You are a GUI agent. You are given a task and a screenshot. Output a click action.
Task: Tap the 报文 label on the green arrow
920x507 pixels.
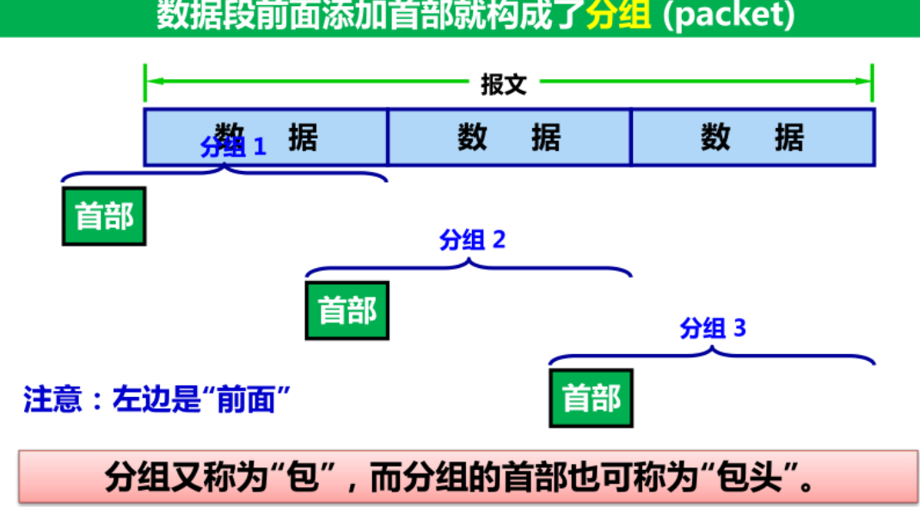click(x=503, y=84)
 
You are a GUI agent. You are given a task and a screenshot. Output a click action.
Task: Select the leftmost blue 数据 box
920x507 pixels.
click(x=266, y=137)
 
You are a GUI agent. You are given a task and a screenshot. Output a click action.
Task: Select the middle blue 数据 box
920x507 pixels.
click(x=509, y=137)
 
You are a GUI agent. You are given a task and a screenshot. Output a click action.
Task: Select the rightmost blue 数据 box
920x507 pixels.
click(x=752, y=137)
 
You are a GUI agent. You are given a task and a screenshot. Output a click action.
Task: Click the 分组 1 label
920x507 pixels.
click(x=233, y=147)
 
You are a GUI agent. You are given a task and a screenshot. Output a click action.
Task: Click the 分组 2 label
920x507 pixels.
click(x=472, y=240)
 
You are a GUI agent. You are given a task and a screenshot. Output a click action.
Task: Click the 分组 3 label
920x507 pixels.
click(x=713, y=328)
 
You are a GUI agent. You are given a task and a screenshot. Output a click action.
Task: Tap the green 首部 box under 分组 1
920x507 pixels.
click(x=104, y=216)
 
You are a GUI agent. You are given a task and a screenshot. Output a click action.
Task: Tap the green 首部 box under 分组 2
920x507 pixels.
click(x=347, y=310)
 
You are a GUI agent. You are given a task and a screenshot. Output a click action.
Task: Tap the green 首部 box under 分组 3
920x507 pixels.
click(x=591, y=398)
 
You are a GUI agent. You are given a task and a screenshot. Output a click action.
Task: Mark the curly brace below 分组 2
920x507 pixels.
click(x=469, y=268)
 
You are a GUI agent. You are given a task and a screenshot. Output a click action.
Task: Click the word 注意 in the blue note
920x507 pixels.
click(x=52, y=400)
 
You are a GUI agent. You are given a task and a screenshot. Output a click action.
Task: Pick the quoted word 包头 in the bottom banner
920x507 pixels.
click(x=746, y=477)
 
